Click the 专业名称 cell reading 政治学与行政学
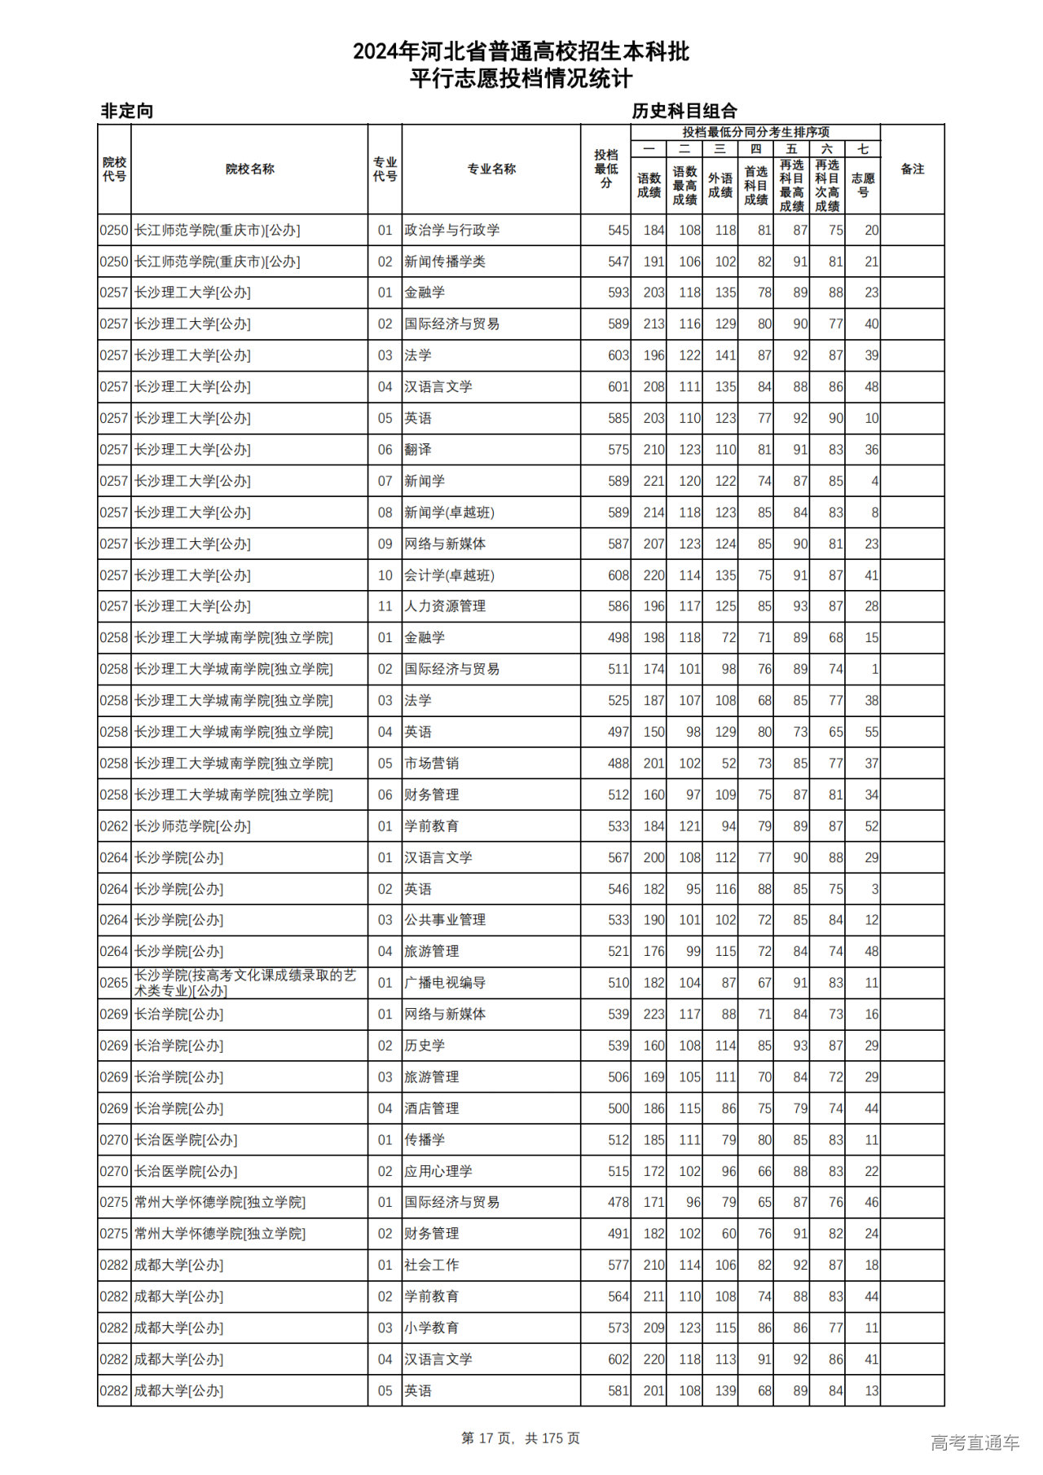click(452, 231)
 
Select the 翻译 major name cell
click(418, 450)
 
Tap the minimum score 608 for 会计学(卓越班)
click(618, 575)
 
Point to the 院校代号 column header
click(114, 170)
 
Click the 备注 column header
click(912, 170)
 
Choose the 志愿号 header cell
click(863, 185)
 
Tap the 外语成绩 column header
click(720, 185)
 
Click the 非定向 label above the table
click(127, 111)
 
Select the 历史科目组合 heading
click(684, 111)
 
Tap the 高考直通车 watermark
click(975, 1442)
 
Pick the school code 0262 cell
click(114, 826)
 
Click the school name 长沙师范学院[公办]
click(192, 826)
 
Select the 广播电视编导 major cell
click(445, 983)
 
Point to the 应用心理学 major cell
click(438, 1171)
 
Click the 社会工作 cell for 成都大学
click(432, 1265)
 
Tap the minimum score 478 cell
click(618, 1202)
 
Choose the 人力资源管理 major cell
click(445, 606)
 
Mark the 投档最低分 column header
click(605, 170)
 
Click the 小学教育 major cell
click(432, 1327)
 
